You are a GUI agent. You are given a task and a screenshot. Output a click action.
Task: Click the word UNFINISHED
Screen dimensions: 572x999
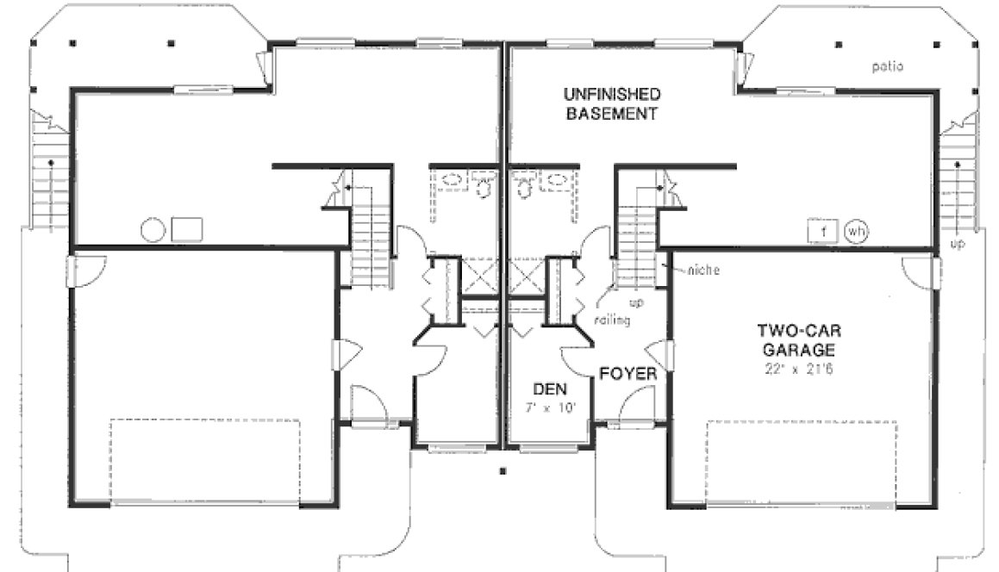(613, 94)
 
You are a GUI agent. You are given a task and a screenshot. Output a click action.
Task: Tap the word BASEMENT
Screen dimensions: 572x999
(613, 113)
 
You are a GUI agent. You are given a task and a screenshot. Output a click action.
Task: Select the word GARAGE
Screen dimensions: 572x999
(797, 350)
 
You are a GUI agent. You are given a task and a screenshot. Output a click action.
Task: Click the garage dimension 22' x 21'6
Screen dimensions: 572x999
(797, 370)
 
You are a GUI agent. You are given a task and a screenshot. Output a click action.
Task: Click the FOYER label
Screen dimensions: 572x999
(628, 375)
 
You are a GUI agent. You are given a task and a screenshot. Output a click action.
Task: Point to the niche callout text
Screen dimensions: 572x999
(704, 270)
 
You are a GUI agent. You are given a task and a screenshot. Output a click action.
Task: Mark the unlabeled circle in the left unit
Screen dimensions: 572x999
(153, 230)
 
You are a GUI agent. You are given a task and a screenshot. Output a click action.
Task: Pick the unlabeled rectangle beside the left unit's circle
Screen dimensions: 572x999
(187, 230)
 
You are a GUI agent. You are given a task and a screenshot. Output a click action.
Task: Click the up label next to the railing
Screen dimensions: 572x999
(639, 303)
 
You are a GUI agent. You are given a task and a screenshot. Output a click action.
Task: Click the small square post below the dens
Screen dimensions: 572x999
(503, 470)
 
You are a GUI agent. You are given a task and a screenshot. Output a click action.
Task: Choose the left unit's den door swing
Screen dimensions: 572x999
(431, 360)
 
